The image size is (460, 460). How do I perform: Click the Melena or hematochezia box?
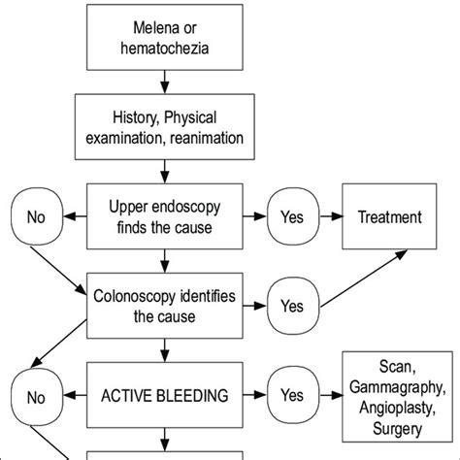tap(165, 37)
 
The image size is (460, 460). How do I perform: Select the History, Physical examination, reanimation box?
tap(165, 127)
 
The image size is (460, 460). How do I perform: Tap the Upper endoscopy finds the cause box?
tap(165, 216)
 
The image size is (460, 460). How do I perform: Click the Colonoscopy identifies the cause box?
tap(165, 306)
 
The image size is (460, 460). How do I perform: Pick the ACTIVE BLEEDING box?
tap(165, 395)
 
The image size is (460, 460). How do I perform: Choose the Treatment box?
tap(389, 216)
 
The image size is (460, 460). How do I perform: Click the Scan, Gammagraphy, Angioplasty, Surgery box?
tap(397, 397)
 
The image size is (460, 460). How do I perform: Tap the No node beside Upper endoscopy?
tap(37, 216)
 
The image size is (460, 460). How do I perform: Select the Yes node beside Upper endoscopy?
tap(293, 216)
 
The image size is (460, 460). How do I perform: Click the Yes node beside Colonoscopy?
tap(293, 306)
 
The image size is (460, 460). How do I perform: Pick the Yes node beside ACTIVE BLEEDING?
tap(293, 395)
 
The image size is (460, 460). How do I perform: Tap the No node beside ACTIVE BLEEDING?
tap(37, 397)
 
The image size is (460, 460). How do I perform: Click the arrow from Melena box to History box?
tap(165, 82)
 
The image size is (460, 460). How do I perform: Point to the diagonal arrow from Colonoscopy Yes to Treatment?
tap(364, 278)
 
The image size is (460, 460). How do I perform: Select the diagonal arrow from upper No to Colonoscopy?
tap(58, 271)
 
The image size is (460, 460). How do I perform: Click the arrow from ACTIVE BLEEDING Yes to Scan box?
tap(331, 395)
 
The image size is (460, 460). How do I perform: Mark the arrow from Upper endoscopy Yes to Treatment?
tap(331, 216)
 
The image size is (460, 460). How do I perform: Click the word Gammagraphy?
tap(398, 387)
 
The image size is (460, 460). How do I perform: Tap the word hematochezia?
tap(165, 49)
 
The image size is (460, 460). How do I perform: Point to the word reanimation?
tap(207, 138)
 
